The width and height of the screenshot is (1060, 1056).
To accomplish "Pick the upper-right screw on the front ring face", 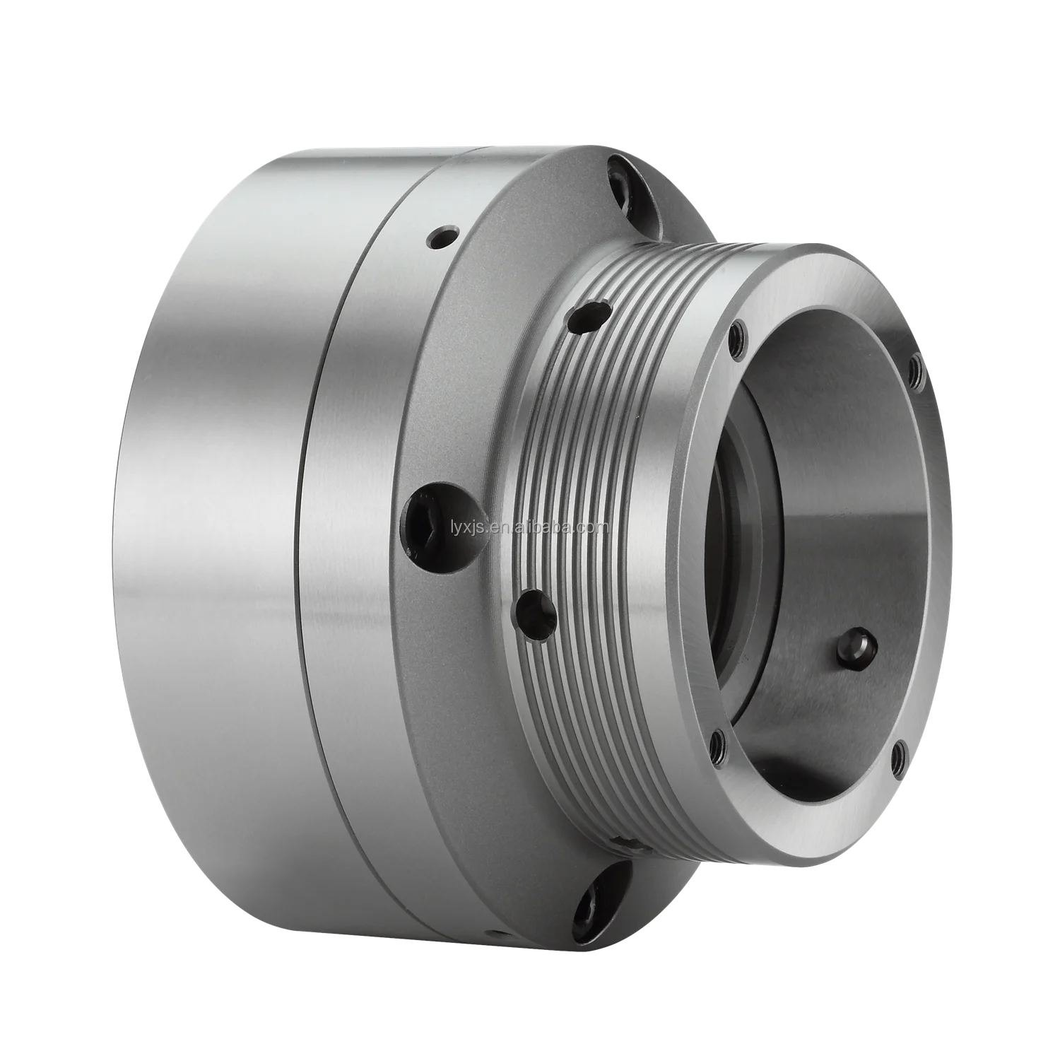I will [x=916, y=365].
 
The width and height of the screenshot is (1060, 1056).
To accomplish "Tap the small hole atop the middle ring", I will [x=443, y=236].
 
